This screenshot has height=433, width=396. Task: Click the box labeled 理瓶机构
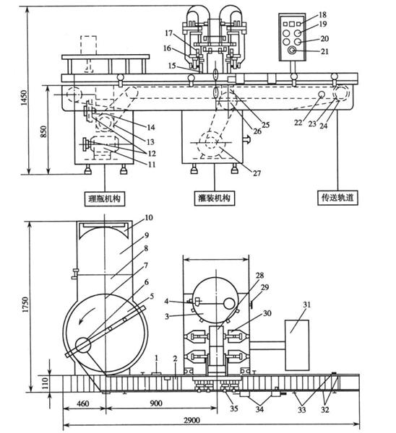[105, 198]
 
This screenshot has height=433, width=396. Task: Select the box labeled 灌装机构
[215, 198]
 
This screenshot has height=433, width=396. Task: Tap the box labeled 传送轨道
[337, 197]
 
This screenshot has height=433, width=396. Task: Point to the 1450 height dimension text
[25, 97]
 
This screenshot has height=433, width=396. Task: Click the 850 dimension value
[43, 132]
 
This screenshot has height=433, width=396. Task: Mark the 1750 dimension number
[26, 305]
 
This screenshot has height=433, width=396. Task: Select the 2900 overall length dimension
[191, 420]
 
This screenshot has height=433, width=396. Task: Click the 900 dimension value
[156, 403]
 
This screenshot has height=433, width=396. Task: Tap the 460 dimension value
[83, 403]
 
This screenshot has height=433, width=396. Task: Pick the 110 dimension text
[45, 383]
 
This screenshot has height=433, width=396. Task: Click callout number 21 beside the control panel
[324, 51]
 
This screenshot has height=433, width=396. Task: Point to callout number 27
[257, 173]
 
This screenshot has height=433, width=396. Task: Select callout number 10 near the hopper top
[149, 218]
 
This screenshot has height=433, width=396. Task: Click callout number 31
[307, 305]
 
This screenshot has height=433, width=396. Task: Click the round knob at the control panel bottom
[292, 51]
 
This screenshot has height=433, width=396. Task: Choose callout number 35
[234, 408]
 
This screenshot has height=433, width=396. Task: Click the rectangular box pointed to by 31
[297, 345]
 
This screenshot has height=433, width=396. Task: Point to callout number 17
[168, 33]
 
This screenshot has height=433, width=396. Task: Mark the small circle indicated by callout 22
[322, 95]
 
